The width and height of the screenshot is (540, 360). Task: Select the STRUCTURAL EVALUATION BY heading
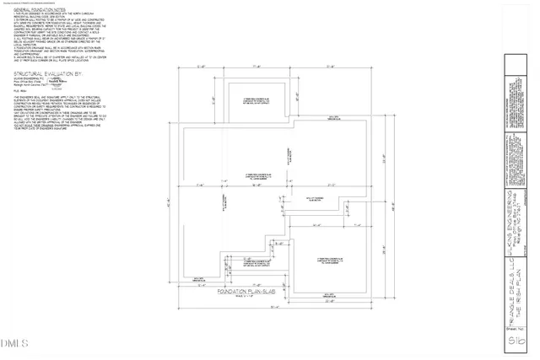47,74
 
